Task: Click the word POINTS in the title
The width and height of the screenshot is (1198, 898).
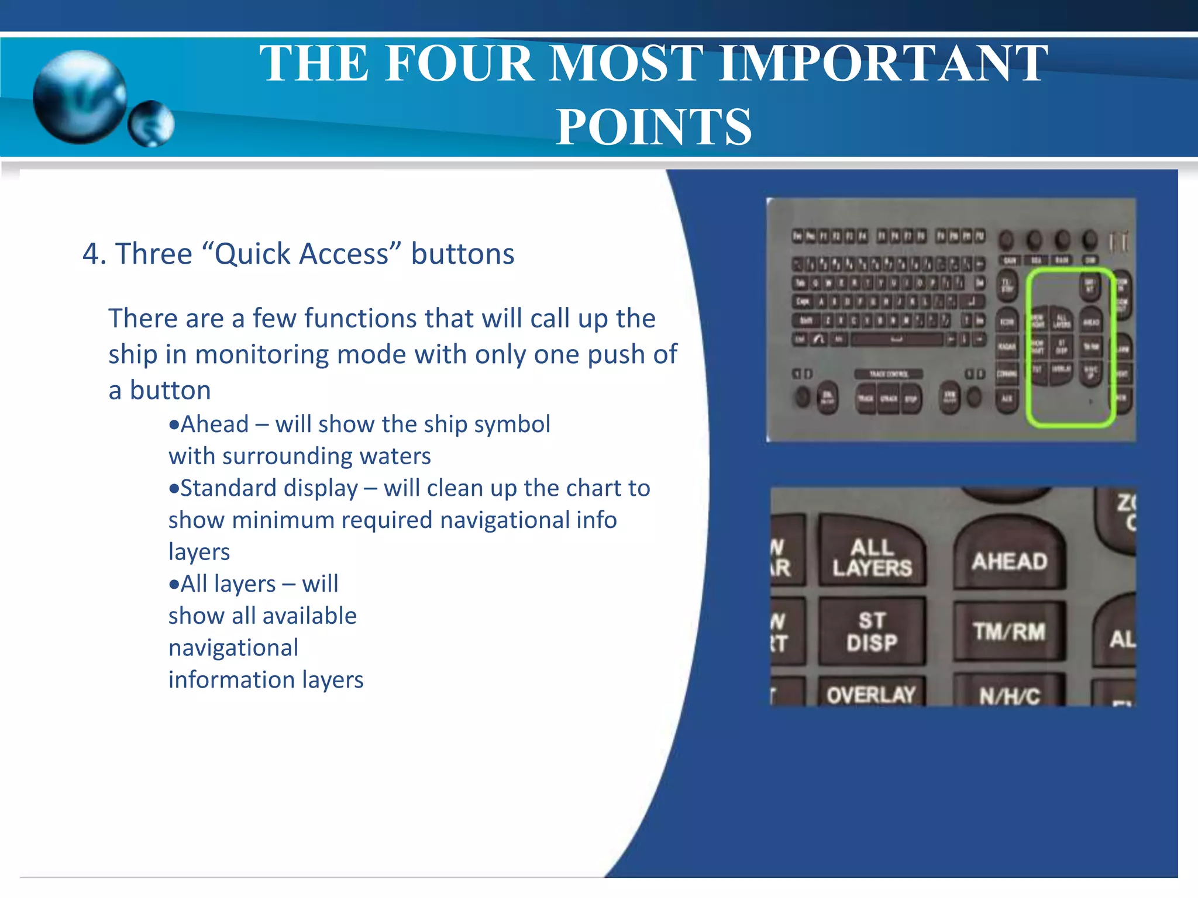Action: (653, 127)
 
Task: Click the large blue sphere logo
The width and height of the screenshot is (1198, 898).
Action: (80, 97)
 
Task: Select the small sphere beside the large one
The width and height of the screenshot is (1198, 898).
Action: (151, 123)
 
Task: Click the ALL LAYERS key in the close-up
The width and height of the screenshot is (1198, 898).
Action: (872, 557)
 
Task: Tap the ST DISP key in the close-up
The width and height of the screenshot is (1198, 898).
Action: (872, 631)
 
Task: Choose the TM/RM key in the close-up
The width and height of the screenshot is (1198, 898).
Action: (1009, 631)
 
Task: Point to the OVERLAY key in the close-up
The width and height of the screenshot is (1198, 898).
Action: (871, 694)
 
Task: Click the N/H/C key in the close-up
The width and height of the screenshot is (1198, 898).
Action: (1010, 695)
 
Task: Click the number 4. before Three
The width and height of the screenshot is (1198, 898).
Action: (94, 254)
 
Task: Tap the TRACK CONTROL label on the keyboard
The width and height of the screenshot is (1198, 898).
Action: (888, 374)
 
